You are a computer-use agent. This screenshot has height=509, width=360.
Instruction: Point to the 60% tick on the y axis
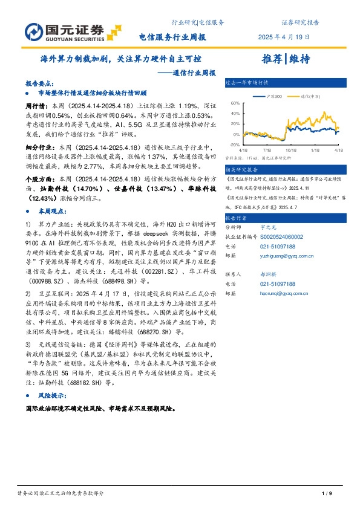click(x=236, y=103)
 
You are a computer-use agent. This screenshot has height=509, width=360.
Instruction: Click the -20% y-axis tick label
click(x=235, y=145)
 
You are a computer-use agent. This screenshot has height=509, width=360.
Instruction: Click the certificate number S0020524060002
click(x=283, y=238)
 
